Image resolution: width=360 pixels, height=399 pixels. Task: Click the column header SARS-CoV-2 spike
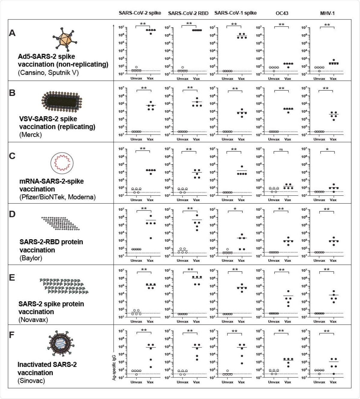[x=140, y=13]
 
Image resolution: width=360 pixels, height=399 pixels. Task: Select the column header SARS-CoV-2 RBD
[x=188, y=13]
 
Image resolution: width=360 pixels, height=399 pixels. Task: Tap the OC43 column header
[x=282, y=13]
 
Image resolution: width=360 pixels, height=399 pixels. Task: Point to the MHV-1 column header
[x=327, y=13]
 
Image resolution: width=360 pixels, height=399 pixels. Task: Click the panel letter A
[x=12, y=33]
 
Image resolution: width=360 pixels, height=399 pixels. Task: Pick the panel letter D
[x=12, y=214]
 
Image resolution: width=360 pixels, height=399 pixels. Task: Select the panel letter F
[x=12, y=335]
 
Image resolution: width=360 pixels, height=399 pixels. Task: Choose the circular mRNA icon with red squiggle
[x=62, y=163]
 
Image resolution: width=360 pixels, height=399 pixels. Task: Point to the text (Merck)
[x=31, y=135]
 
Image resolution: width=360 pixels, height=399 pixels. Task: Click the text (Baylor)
[x=31, y=258]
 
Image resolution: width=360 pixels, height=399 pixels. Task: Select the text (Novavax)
[x=33, y=320]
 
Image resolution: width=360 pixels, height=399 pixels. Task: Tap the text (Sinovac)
[x=31, y=381]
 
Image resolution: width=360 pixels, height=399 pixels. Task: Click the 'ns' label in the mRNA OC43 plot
[x=281, y=149]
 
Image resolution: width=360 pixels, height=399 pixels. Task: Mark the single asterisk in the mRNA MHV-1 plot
[x=327, y=149]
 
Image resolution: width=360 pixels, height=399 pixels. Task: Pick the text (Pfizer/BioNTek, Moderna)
[x=58, y=197]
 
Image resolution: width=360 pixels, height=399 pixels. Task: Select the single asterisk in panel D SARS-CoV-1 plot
[x=235, y=209]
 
